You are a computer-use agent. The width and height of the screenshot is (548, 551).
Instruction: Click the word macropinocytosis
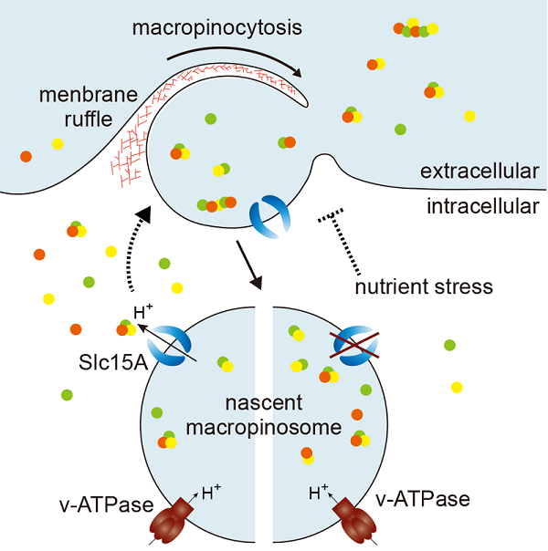217,28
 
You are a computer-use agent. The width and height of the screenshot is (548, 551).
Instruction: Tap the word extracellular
479,172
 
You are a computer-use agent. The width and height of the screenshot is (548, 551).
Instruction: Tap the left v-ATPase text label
100,499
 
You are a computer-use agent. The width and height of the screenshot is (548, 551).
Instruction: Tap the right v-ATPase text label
423,499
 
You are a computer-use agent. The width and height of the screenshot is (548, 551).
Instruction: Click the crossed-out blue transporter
354,346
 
